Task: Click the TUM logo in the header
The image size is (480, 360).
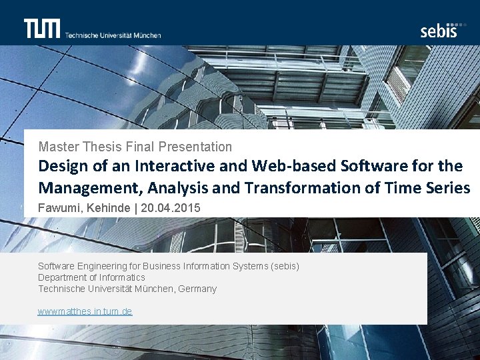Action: coord(42,29)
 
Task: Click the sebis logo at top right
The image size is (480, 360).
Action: coord(439,30)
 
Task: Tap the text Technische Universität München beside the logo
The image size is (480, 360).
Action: coord(113,35)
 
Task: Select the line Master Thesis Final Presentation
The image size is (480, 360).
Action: coord(135,147)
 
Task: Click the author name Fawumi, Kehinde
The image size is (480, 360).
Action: coord(84,208)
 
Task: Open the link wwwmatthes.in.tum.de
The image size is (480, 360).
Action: coord(85,311)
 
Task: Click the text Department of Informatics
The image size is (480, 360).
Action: coord(91,277)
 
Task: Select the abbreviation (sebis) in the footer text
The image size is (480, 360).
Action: coord(285,266)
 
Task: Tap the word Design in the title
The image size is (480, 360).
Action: coord(61,165)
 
